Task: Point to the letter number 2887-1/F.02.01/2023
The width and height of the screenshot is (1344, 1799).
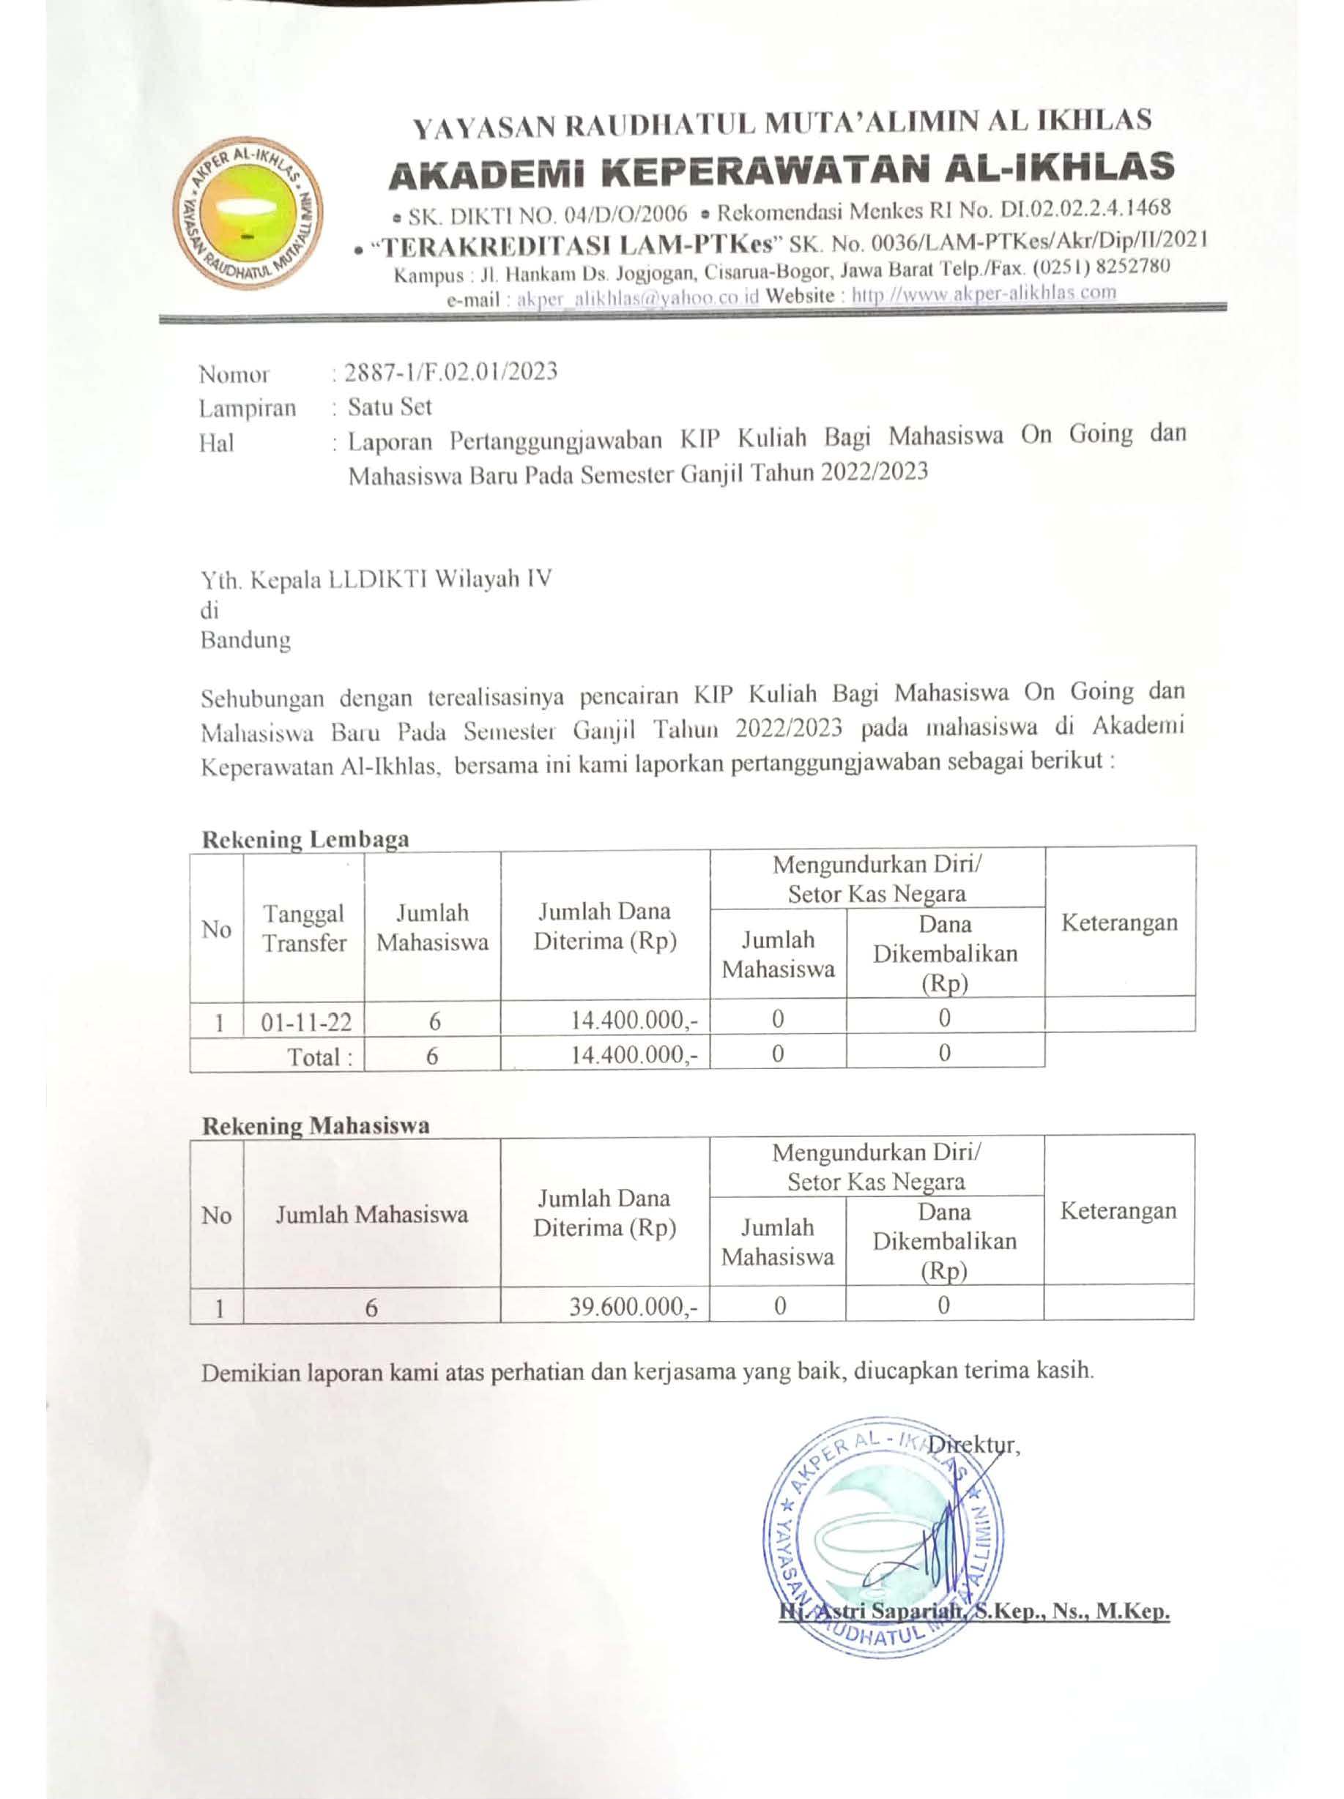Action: [450, 372]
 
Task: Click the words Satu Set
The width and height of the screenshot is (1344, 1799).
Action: [389, 406]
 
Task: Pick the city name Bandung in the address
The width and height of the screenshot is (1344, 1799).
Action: [245, 640]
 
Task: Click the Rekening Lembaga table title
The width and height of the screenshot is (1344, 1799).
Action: [305, 839]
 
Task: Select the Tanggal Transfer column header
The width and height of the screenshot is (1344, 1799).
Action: [304, 928]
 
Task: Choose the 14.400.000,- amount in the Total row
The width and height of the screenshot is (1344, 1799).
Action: [634, 1056]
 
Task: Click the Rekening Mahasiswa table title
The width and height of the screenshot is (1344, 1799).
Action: [316, 1125]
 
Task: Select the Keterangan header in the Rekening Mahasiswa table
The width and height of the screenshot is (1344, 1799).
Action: [1118, 1211]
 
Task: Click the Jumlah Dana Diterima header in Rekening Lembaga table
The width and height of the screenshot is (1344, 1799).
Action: [604, 926]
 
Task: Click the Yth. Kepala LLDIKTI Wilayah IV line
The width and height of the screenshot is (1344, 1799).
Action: [376, 579]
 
